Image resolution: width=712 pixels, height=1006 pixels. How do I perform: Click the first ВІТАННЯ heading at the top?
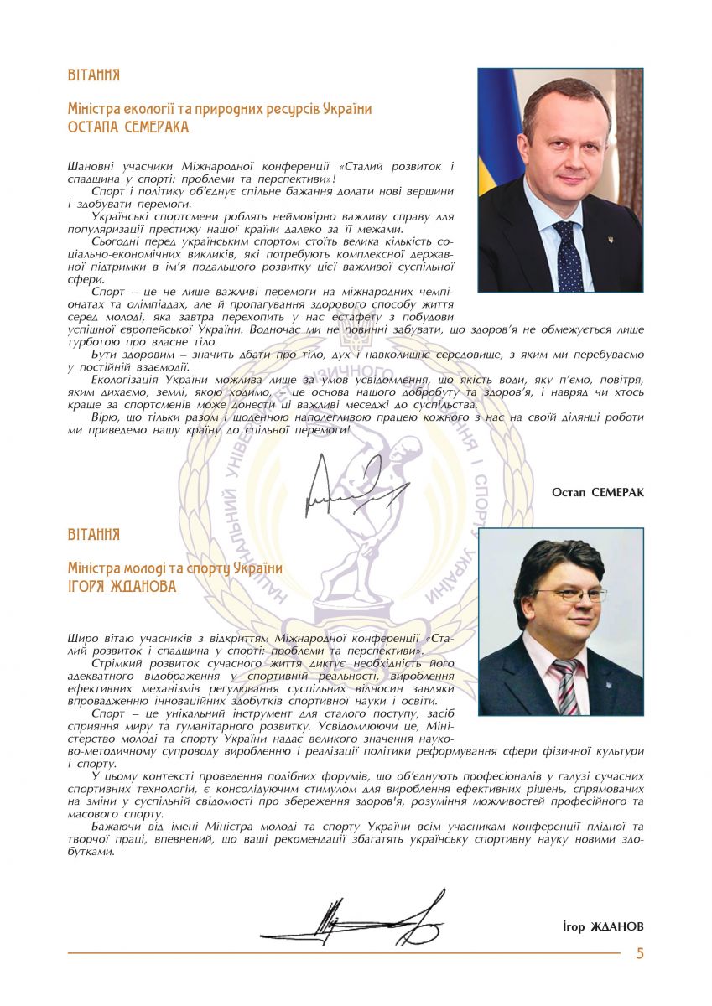(93, 75)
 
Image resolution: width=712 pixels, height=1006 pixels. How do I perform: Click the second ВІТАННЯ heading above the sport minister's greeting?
(93, 534)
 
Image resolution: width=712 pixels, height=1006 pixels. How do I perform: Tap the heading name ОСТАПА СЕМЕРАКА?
(128, 127)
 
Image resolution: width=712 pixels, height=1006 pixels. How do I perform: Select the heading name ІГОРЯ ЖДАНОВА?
(122, 587)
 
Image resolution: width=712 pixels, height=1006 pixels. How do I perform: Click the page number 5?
(640, 953)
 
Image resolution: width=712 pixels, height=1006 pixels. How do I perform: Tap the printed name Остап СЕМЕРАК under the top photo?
(598, 492)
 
